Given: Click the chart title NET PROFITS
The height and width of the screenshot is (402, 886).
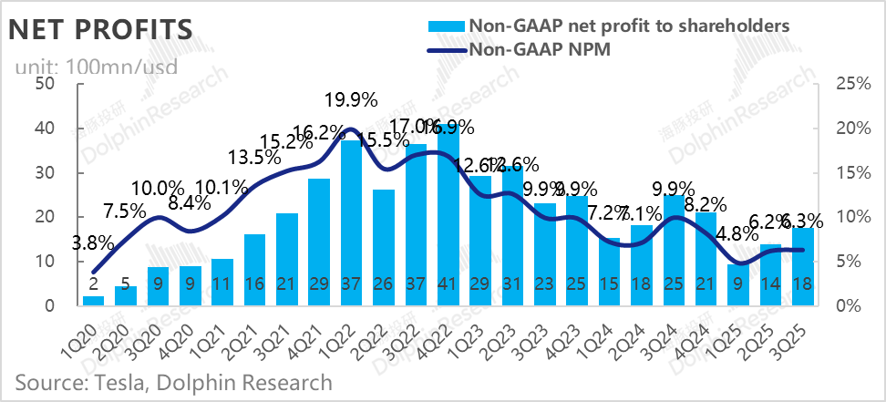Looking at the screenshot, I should [x=100, y=29].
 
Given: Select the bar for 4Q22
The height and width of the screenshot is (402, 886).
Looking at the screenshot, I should [x=448, y=219].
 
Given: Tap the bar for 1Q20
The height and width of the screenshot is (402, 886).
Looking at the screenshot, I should [x=93, y=300].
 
